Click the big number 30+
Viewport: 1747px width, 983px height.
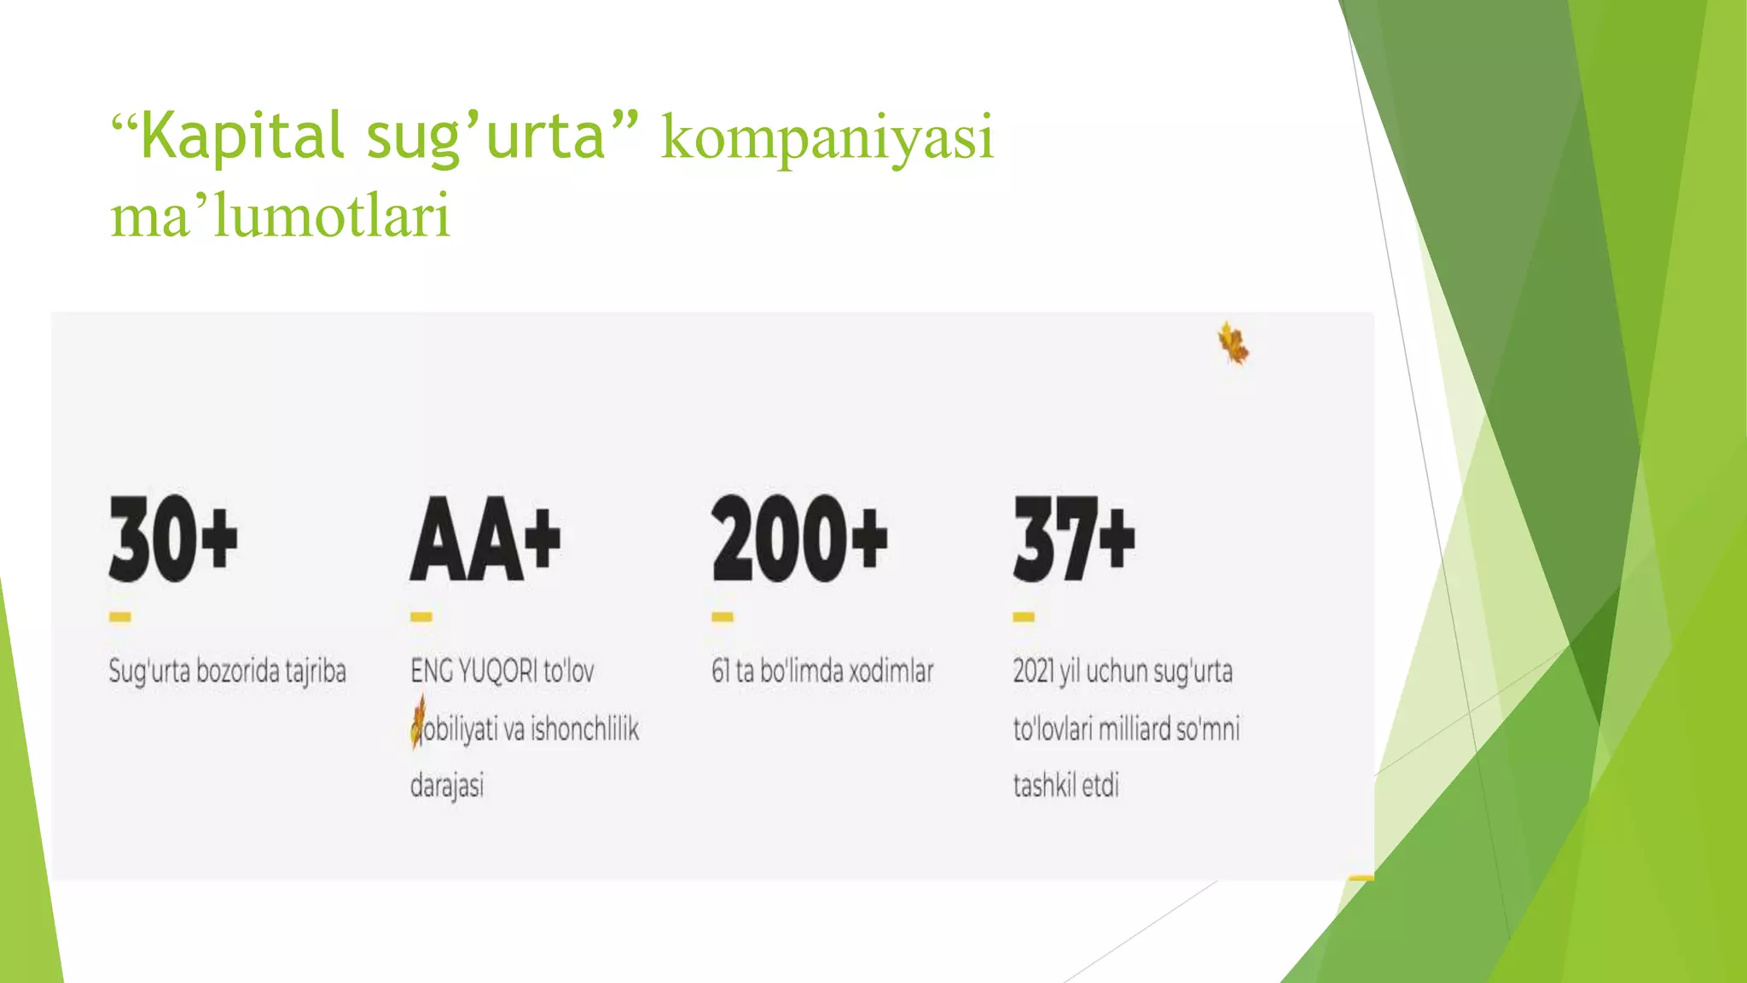pos(173,538)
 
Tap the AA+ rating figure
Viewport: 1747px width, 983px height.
pos(485,538)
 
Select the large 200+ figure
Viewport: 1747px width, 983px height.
pos(799,538)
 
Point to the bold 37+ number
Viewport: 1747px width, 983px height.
pos(1074,538)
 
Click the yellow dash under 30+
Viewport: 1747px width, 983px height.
pos(120,617)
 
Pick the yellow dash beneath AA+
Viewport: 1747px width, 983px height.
pos(421,617)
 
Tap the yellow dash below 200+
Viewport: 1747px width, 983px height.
pos(723,617)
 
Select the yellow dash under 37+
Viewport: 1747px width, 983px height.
pos(1024,617)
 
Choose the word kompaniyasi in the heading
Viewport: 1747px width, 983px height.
pos(827,137)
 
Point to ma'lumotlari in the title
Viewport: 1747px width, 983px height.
pos(280,215)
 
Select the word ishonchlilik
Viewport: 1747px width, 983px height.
pos(584,730)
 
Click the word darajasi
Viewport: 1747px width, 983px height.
pos(447,786)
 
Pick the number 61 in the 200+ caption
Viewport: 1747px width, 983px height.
pos(721,672)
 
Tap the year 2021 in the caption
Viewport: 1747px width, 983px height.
pos(1034,672)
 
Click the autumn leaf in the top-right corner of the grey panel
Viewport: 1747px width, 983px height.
pos(1233,344)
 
